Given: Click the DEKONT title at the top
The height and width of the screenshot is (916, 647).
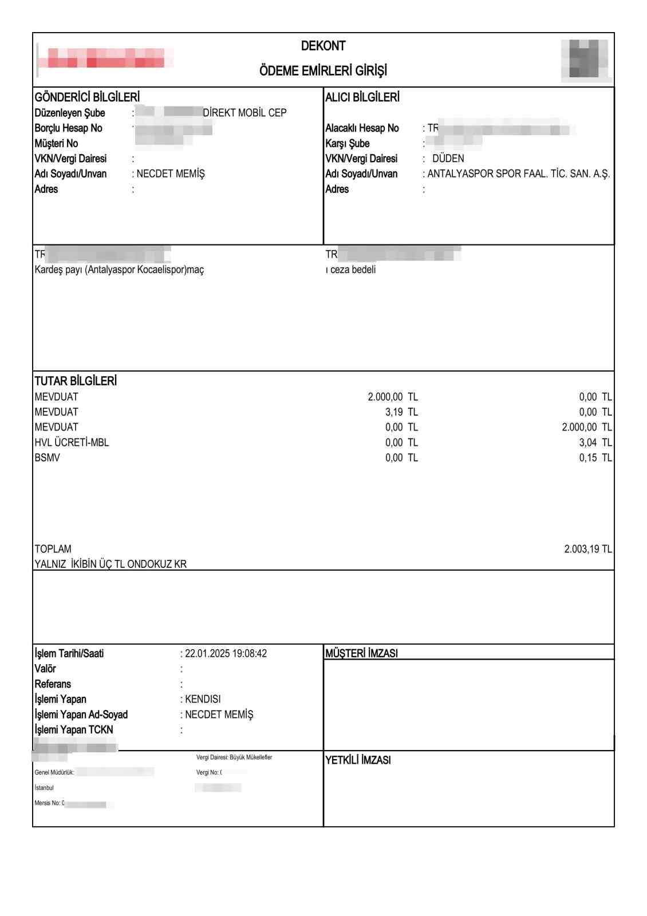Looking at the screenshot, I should (x=323, y=46).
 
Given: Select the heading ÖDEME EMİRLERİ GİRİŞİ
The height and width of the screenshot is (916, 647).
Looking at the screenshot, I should (x=323, y=70).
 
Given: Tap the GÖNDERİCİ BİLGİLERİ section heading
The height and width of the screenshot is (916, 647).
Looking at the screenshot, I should (x=87, y=97).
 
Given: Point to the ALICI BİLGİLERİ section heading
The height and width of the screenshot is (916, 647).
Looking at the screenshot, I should (x=362, y=97).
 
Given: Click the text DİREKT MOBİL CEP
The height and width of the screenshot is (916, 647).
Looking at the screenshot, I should (x=244, y=113).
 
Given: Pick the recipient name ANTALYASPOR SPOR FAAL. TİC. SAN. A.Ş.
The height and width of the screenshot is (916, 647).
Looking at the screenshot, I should (x=519, y=174).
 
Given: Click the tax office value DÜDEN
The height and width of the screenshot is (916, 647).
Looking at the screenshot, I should (x=448, y=159).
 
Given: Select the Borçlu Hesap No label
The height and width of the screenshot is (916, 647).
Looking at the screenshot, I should (x=68, y=128).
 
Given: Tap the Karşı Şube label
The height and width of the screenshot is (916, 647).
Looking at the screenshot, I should (x=348, y=143).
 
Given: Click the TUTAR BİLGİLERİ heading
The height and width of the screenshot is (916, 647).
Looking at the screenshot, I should (x=76, y=381).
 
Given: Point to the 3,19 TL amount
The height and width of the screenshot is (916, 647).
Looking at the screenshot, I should (x=401, y=412).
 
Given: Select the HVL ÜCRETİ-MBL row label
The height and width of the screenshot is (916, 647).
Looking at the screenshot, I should (x=72, y=443).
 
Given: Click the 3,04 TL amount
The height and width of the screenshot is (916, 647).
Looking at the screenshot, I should (x=595, y=443).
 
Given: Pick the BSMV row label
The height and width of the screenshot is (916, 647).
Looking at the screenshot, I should (x=47, y=458).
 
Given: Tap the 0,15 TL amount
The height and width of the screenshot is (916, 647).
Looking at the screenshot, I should (x=595, y=458).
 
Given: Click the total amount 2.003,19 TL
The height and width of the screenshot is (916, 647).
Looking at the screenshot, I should (x=587, y=549).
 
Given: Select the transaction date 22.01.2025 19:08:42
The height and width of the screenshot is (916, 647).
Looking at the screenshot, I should (x=226, y=654).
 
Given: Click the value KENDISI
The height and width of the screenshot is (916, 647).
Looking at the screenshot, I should (x=203, y=699).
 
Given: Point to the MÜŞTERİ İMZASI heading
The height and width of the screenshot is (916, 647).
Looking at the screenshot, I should (x=361, y=653).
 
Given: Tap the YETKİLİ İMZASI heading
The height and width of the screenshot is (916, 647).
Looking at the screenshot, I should (x=358, y=760).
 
